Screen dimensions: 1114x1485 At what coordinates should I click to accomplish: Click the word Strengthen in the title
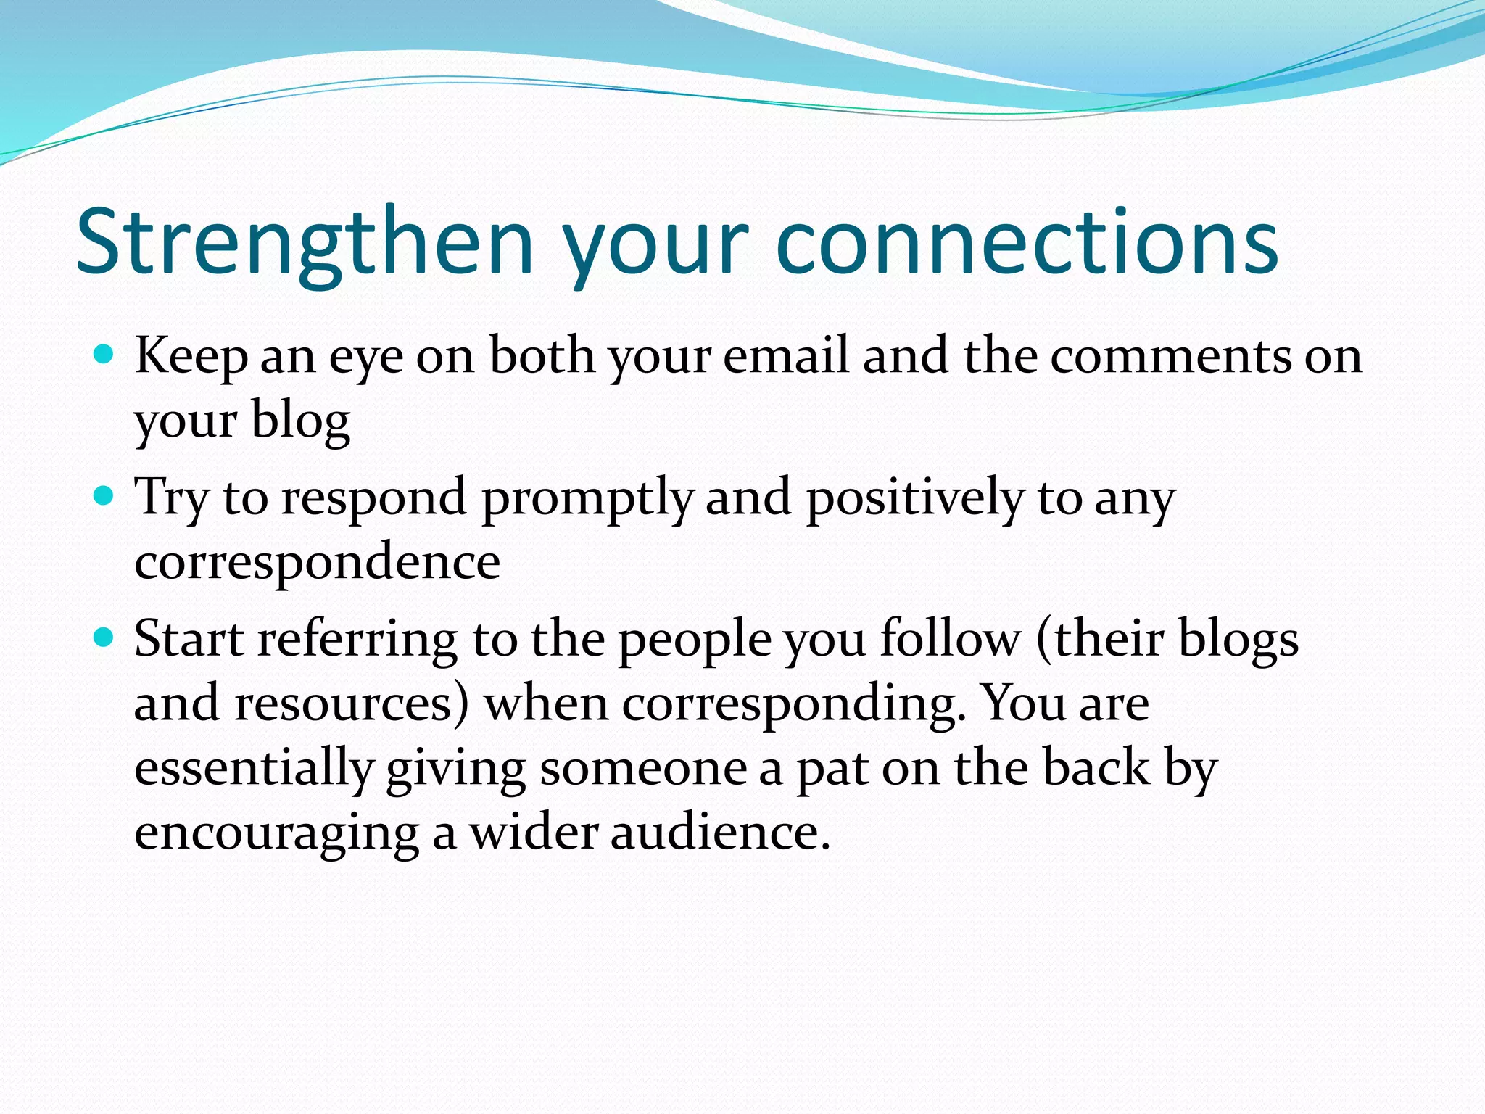(x=305, y=243)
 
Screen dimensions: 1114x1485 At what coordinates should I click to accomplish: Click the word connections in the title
(x=1026, y=243)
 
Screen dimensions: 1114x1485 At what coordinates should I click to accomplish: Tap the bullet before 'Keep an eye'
(x=104, y=355)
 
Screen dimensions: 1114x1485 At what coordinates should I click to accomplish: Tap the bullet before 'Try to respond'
(x=104, y=497)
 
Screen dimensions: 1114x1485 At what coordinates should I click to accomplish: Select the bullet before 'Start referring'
(x=104, y=638)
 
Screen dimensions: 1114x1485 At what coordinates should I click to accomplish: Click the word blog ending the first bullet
(x=300, y=421)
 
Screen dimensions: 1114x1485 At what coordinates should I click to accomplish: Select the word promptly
(x=587, y=499)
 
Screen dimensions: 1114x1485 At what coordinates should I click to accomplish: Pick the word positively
(x=915, y=499)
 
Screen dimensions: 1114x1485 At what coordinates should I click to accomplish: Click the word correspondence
(x=317, y=563)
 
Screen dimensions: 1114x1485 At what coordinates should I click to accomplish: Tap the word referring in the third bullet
(x=357, y=641)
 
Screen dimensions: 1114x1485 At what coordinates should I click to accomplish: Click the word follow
(x=950, y=640)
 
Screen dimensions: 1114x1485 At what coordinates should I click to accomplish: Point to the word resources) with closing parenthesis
(x=351, y=704)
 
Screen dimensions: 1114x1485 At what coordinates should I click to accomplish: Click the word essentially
(x=254, y=769)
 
